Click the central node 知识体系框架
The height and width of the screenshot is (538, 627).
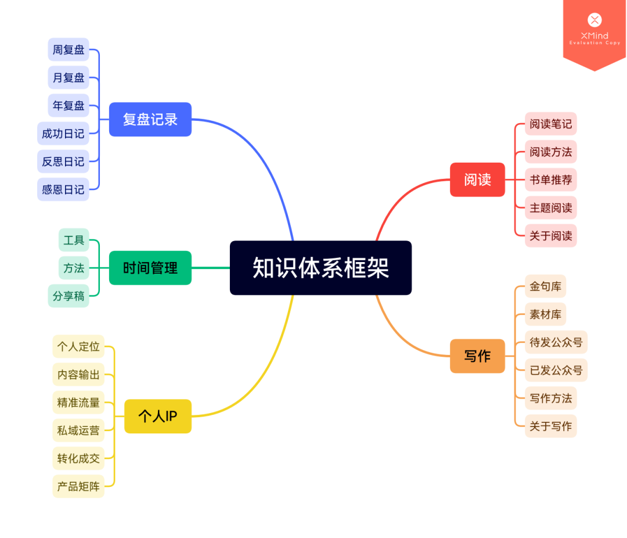pos(320,268)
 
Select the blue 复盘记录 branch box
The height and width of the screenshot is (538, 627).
pos(150,119)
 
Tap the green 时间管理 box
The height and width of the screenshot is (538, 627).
pos(150,268)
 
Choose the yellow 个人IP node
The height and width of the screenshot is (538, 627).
pos(158,416)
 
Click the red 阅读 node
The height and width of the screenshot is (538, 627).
pos(477,180)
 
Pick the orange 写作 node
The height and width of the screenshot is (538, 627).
pos(477,356)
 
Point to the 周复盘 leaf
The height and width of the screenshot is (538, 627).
pos(69,50)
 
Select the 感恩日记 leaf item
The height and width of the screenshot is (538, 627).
pos(63,189)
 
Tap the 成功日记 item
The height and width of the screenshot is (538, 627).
pos(63,134)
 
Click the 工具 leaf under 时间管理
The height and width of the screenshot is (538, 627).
pos(74,240)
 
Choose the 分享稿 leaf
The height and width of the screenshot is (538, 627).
pos(69,296)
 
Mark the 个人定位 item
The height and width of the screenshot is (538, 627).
pos(78,347)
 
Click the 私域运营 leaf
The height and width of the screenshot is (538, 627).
pos(78,431)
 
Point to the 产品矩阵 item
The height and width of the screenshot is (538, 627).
pos(78,486)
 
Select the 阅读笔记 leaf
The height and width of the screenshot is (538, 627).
pos(550,124)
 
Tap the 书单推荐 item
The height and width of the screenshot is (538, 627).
pos(550,180)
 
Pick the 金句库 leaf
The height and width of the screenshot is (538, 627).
pos(545,286)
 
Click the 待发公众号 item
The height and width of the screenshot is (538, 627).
pos(556,342)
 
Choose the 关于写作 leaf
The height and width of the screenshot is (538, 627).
pos(550,426)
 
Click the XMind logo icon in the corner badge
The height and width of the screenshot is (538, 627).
pos(594,20)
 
